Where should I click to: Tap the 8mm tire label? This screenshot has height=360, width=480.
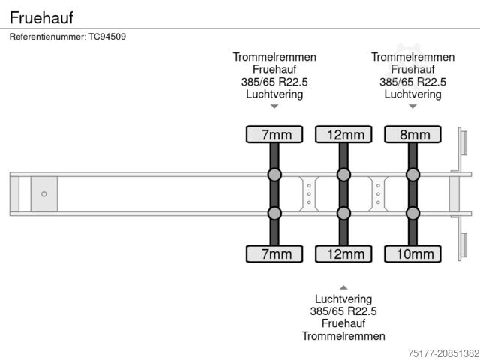click(412, 135)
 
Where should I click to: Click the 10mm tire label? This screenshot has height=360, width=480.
click(412, 254)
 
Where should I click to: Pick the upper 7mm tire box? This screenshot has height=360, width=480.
click(274, 135)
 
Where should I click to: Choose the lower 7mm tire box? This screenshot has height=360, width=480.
click(274, 254)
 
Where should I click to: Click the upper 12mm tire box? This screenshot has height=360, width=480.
click(343, 135)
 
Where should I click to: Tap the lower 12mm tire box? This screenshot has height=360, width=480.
click(343, 254)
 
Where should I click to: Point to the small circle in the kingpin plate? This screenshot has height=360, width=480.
click(43, 194)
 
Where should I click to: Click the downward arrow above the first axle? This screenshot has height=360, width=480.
click(274, 106)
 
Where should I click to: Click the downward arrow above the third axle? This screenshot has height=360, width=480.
click(412, 106)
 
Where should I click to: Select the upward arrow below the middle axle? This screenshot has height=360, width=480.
click(343, 287)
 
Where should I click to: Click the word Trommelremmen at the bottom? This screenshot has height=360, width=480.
click(343, 336)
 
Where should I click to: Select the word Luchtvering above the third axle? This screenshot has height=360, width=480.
click(412, 94)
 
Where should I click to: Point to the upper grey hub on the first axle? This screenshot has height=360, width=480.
click(274, 175)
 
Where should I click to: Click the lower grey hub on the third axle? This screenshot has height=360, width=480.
click(412, 214)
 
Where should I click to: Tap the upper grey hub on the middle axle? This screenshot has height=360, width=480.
click(343, 175)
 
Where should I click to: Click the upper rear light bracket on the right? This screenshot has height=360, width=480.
click(463, 145)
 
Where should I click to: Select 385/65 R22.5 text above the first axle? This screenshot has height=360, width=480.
click(274, 82)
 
